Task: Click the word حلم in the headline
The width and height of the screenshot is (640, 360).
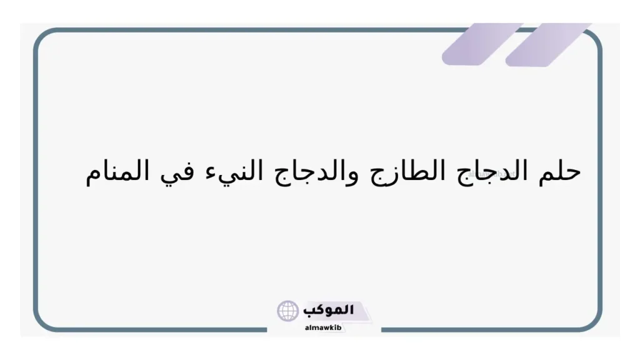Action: coord(559,171)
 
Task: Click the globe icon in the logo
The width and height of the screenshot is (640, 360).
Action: coord(288,311)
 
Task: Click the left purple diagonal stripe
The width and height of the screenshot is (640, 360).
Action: coord(481,44)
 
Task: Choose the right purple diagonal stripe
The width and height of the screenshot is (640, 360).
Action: coord(547,44)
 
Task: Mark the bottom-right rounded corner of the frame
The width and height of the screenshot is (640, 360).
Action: coord(594,323)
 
